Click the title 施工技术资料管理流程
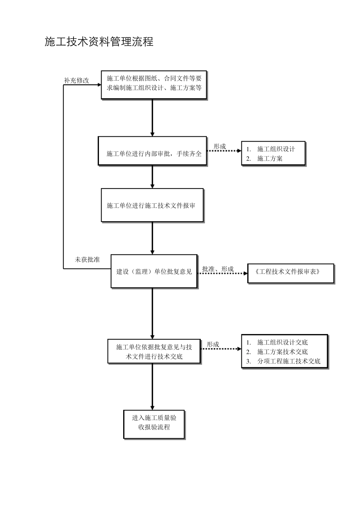coord(99,42)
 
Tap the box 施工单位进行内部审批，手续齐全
coord(152,151)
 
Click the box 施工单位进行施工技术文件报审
coord(152,205)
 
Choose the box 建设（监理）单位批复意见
coord(154,271)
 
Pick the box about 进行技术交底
coord(154,351)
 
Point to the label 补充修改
coord(77,80)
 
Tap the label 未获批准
coord(87,260)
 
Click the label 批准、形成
coord(218,269)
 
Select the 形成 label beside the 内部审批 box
coord(219,146)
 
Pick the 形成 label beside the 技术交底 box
coord(213,344)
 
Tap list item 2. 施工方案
coord(265,159)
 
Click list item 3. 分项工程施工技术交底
coord(283,361)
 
